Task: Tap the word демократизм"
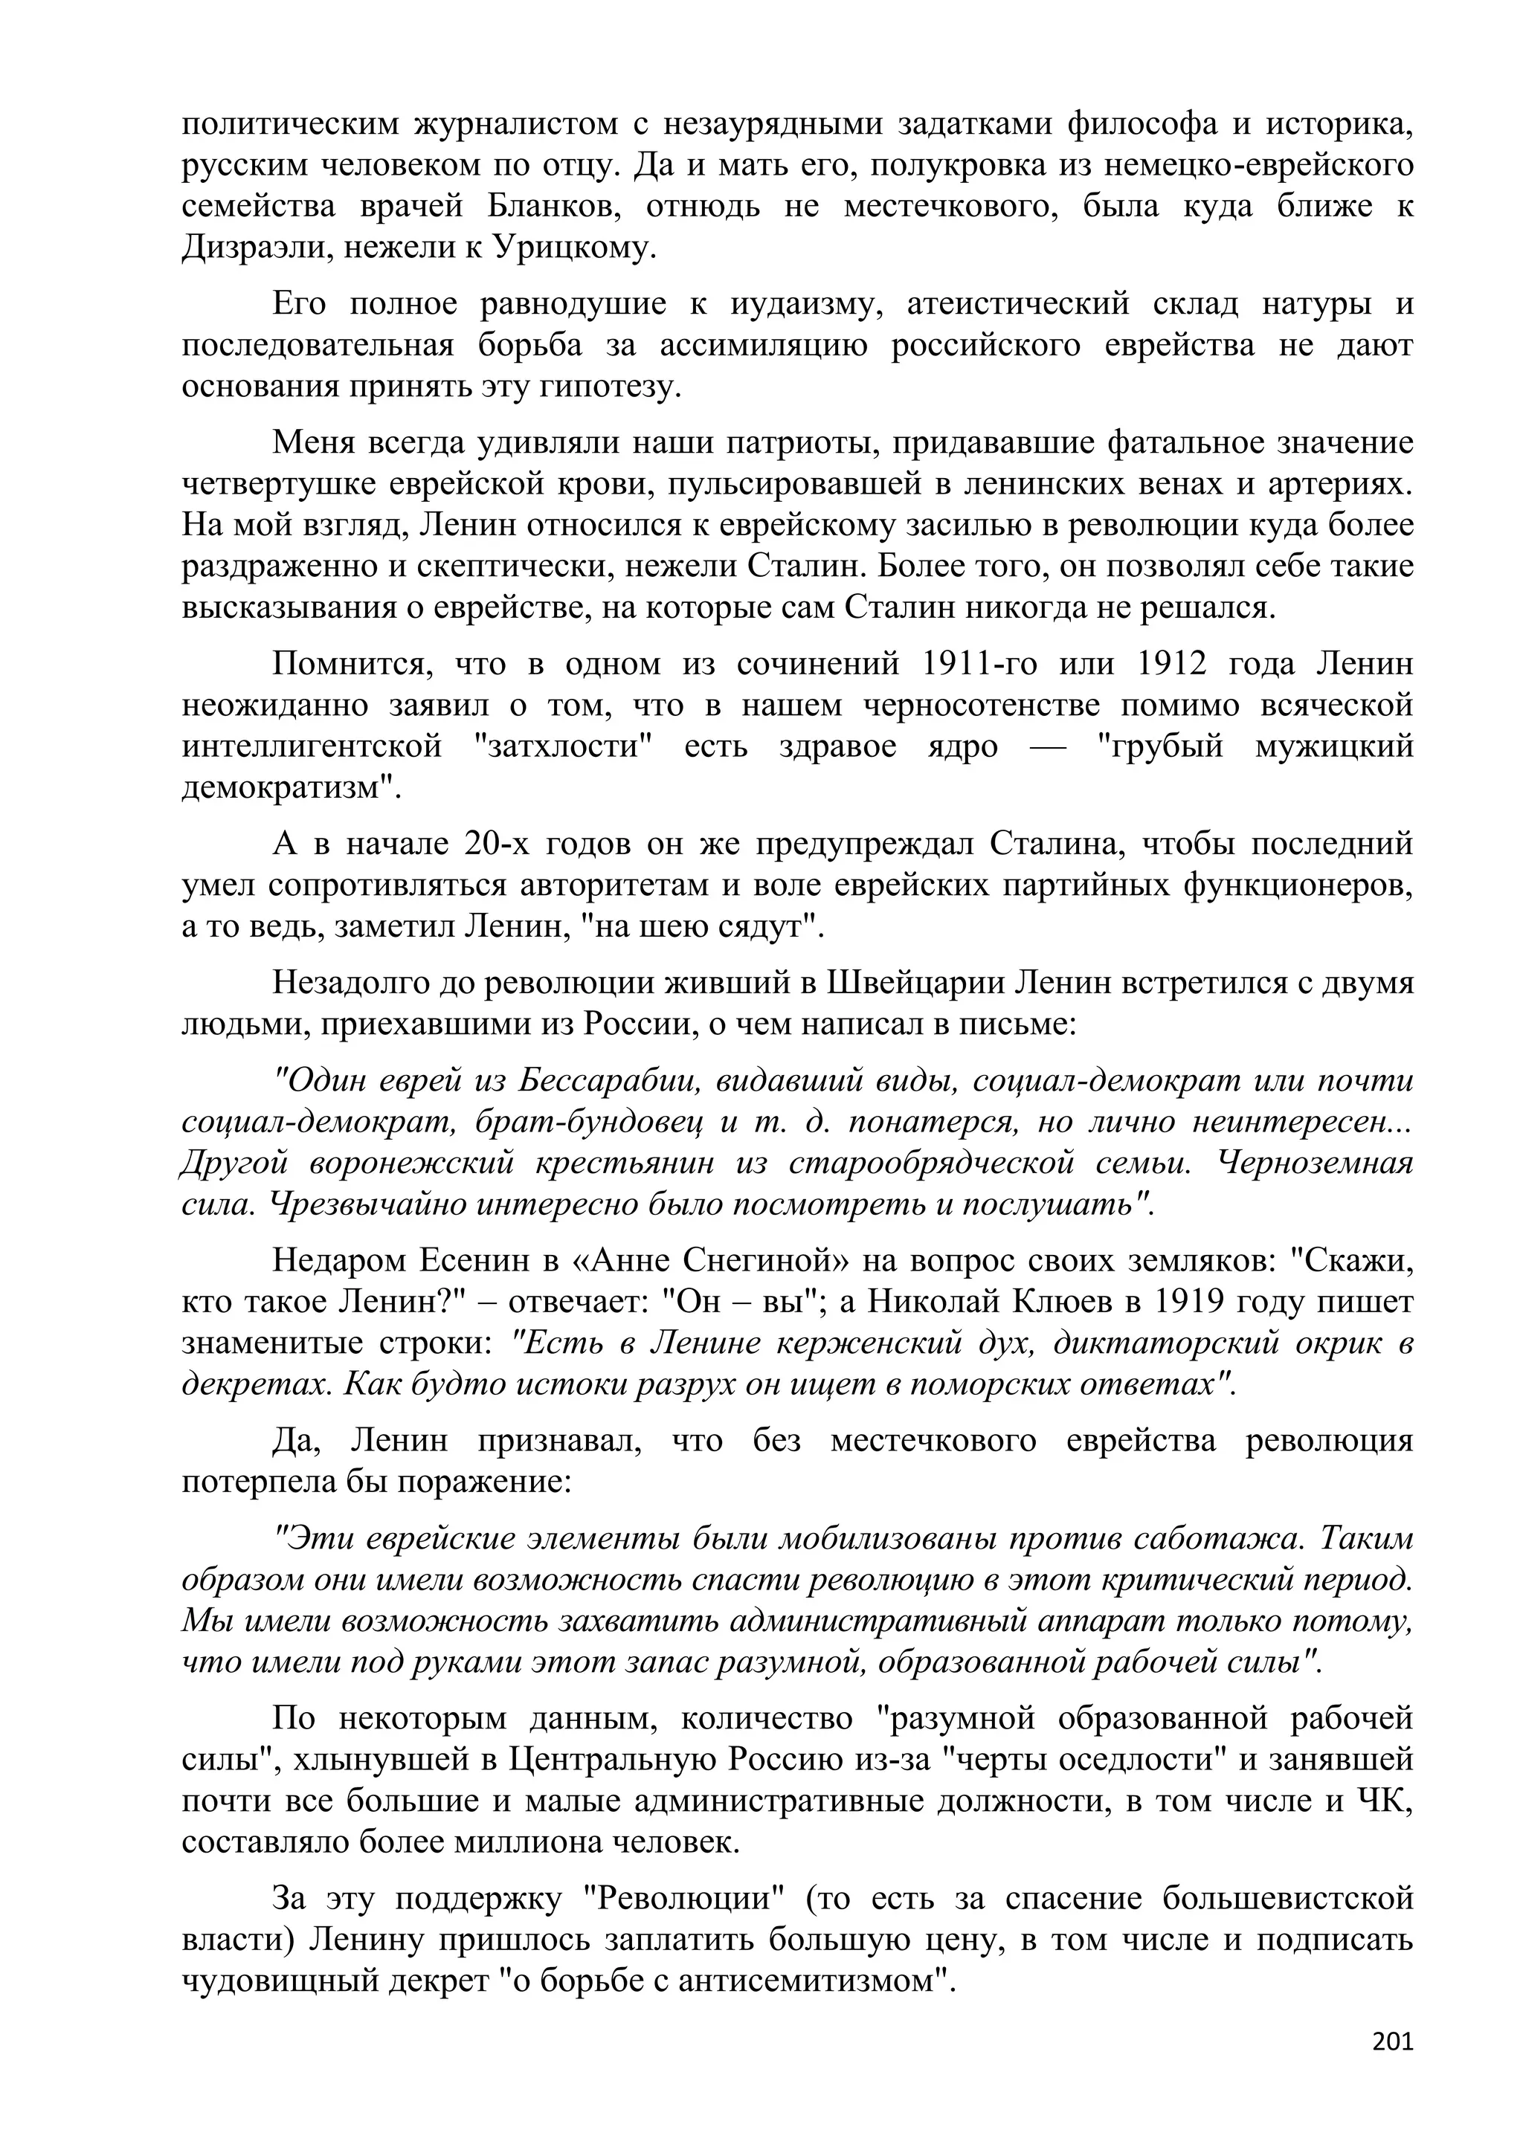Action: pos(291,788)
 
